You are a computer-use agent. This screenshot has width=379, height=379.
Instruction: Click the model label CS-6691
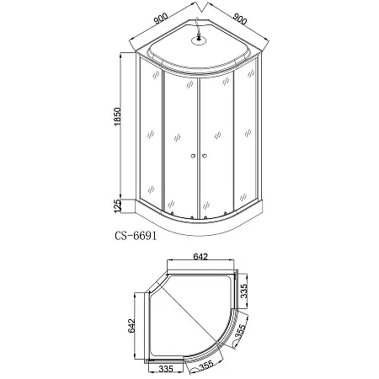136,236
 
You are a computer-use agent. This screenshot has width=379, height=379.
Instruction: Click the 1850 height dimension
118,116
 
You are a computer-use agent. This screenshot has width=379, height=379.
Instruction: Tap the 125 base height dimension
118,206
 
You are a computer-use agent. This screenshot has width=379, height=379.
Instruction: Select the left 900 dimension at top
161,19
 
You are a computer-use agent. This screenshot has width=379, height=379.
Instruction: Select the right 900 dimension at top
240,19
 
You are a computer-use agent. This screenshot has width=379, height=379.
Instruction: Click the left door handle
193,156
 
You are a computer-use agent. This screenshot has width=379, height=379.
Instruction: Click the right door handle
205,156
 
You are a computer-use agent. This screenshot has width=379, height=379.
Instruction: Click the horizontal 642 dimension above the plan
200,257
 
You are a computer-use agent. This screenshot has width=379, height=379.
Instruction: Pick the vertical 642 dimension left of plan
131,326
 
